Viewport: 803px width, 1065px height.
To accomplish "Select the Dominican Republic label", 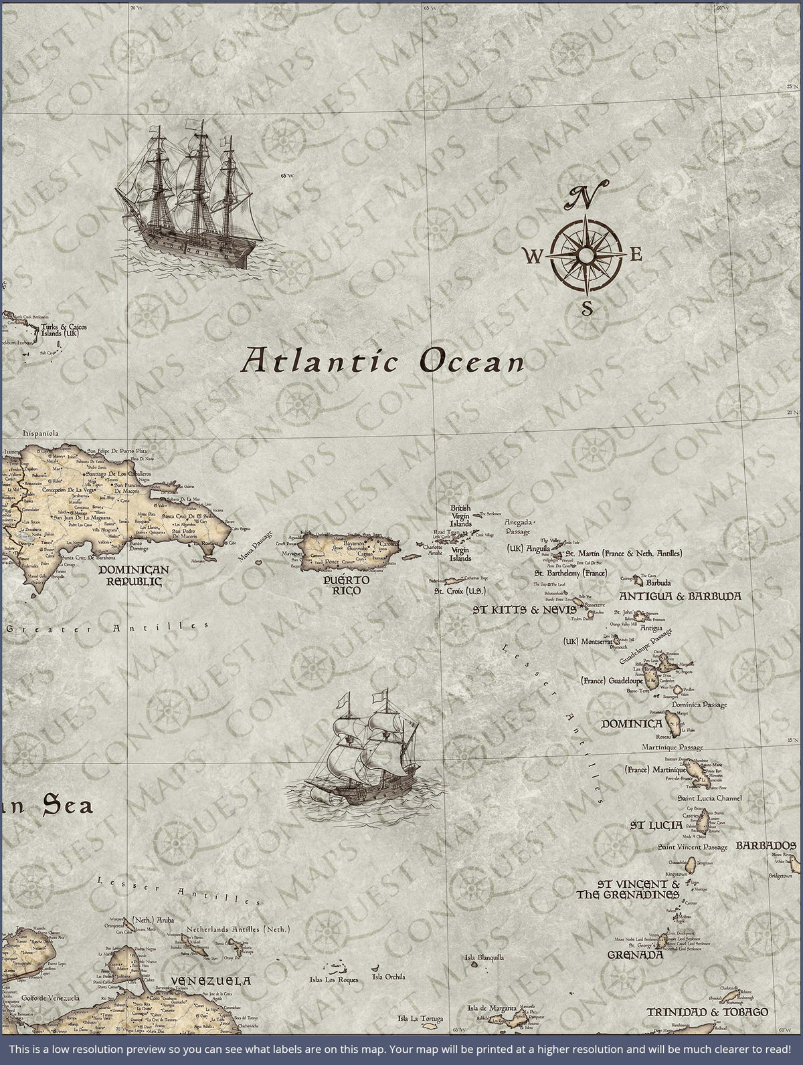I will tap(134, 575).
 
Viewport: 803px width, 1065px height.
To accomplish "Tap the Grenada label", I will tap(635, 955).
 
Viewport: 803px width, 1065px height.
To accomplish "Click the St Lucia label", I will tap(656, 825).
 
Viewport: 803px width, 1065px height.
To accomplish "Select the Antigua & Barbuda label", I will tap(680, 595).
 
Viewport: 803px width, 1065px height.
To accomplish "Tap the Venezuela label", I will tap(211, 981).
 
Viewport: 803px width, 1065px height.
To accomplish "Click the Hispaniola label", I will tap(41, 433).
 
